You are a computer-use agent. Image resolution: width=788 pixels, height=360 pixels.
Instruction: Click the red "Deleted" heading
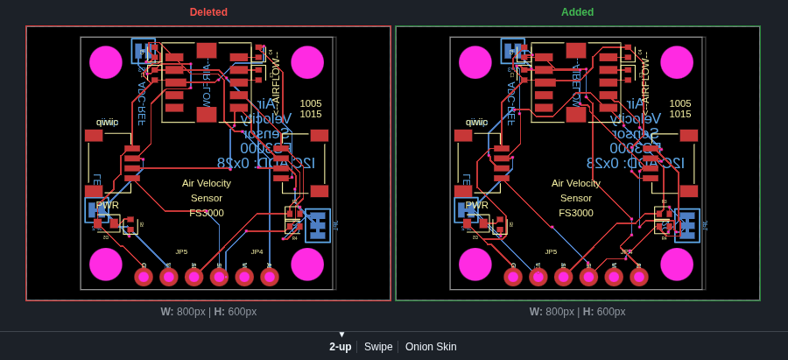coord(208,12)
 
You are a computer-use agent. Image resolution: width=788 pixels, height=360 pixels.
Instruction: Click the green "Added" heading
coord(577,12)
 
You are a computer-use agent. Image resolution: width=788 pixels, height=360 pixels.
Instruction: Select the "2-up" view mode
coord(340,347)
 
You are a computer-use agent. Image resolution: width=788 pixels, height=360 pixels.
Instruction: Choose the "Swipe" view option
coord(378,347)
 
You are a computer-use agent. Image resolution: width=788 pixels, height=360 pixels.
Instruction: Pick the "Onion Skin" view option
coord(431,347)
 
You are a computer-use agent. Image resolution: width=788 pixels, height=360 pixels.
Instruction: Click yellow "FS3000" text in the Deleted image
coord(207,213)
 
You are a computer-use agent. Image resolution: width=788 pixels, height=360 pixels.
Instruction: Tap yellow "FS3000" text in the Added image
coord(576,213)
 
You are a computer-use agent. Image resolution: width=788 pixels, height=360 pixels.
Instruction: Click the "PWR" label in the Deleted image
coord(108,205)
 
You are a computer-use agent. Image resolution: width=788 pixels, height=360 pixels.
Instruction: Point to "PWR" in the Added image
coord(477,205)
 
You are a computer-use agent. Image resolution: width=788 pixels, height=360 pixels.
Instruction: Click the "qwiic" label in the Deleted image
coord(107,123)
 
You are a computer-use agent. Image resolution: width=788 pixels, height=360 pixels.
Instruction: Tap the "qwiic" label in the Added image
coord(476,123)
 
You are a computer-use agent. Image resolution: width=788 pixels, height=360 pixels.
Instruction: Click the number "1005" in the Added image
coord(680,103)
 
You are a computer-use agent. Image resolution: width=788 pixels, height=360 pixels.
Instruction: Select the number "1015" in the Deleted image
coord(311,114)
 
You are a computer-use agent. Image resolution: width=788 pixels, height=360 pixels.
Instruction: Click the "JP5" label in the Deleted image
coord(181,251)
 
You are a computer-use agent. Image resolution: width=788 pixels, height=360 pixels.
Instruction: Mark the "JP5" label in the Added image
coord(551,251)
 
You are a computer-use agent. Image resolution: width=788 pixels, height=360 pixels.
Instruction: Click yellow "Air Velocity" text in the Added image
coord(576,183)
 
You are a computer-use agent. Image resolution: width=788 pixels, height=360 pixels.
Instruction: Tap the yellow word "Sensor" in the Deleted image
coord(207,198)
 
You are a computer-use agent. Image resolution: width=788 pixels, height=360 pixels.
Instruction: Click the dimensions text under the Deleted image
coord(208,312)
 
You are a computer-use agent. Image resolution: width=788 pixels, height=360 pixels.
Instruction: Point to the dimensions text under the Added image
coord(577,312)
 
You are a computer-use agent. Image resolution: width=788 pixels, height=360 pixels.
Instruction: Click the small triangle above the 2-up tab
coord(341,335)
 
